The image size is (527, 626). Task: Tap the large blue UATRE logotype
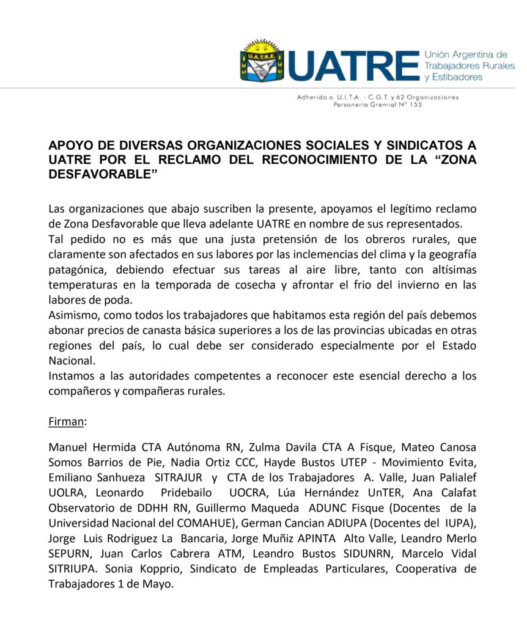pyautogui.click(x=353, y=66)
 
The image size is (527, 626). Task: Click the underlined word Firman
pyautogui.click(x=68, y=422)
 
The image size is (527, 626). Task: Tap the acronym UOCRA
pyautogui.click(x=249, y=494)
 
